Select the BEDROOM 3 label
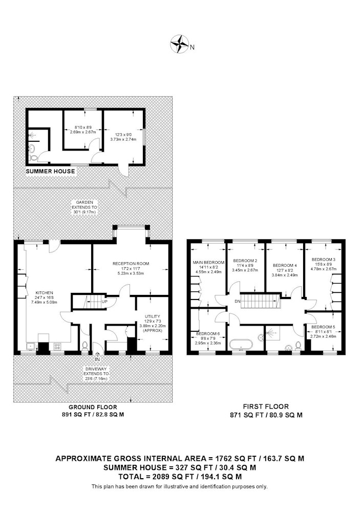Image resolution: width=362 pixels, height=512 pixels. [323, 259]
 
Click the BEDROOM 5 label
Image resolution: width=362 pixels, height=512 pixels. [323, 327]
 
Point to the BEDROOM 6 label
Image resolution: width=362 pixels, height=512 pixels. [208, 334]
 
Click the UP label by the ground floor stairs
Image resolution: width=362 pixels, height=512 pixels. [104, 302]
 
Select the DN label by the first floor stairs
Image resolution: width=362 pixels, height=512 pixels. [237, 302]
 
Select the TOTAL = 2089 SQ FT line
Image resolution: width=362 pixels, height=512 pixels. [180, 476]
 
